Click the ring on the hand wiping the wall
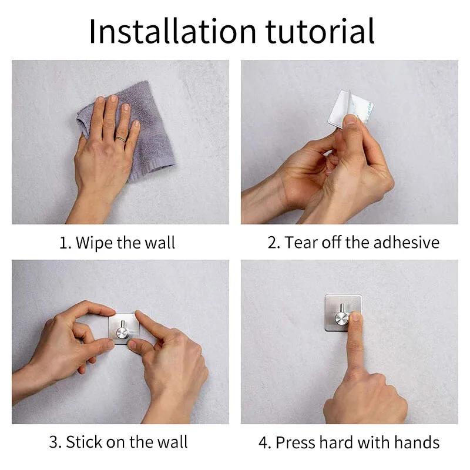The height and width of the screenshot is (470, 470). click(120, 139)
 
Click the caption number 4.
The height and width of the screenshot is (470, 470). click(263, 442)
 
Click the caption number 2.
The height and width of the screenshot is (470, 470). click(274, 243)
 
